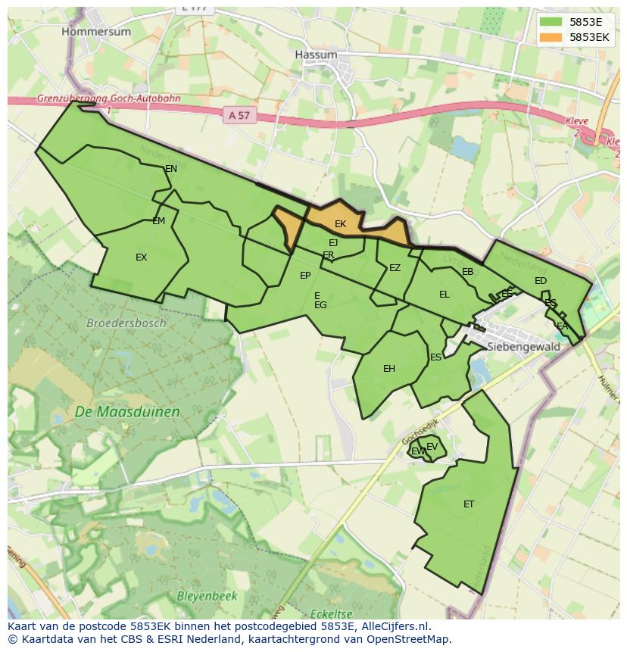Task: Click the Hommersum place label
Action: [x=96, y=32]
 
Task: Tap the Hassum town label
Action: [x=316, y=55]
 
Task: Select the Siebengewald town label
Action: [x=524, y=347]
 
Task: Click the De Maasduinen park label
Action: [x=127, y=412]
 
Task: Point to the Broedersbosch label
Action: [x=126, y=323]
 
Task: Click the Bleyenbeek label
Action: [x=207, y=596]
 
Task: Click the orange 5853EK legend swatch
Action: [x=551, y=37]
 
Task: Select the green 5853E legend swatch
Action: [x=551, y=22]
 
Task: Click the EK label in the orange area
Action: [x=340, y=224]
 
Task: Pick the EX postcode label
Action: [x=141, y=257]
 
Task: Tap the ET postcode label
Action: [x=469, y=504]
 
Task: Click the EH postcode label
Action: [x=389, y=369]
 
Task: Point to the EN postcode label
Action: [x=171, y=169]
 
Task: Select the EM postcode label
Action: [x=158, y=221]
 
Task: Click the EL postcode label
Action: [x=445, y=295]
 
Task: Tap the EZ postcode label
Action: [x=395, y=268]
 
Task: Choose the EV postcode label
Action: [x=432, y=447]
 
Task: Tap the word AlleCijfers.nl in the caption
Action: [x=393, y=626]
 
